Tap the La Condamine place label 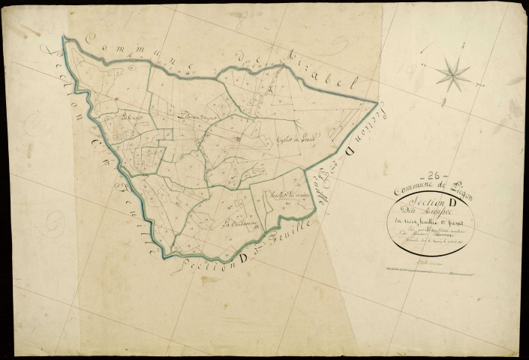(241, 223)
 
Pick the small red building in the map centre (239, 139)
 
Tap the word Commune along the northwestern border (120, 46)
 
